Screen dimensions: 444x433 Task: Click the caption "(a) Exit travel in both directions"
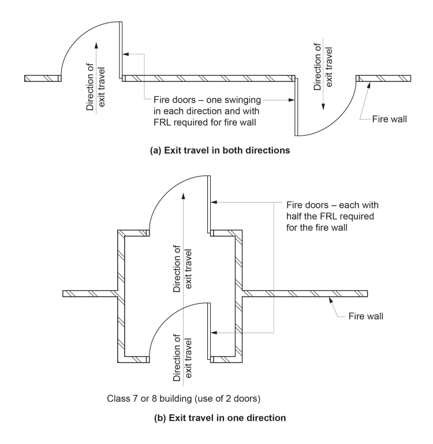[x=216, y=152]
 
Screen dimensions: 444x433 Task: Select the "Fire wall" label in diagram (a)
[x=391, y=120]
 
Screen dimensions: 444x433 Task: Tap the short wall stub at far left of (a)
[x=43, y=79]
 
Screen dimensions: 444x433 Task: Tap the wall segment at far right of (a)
[x=383, y=79]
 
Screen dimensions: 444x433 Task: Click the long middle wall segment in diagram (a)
[x=208, y=79]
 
